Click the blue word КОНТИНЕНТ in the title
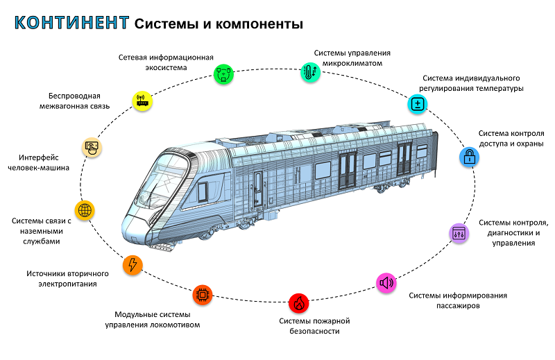71,23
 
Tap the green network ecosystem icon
223,74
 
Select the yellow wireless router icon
142,101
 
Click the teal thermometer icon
310,72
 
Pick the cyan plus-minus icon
418,104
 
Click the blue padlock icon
470,157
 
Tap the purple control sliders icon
459,233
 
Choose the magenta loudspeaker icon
386,283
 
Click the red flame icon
299,303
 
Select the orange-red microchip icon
203,295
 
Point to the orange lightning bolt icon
133,265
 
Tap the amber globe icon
85,210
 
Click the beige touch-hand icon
92,147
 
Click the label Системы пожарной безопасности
314,326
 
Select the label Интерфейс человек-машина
39,162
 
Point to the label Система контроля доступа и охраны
511,139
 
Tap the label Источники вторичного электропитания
67,279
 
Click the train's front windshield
161,180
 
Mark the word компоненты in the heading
259,24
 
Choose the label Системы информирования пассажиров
458,300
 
